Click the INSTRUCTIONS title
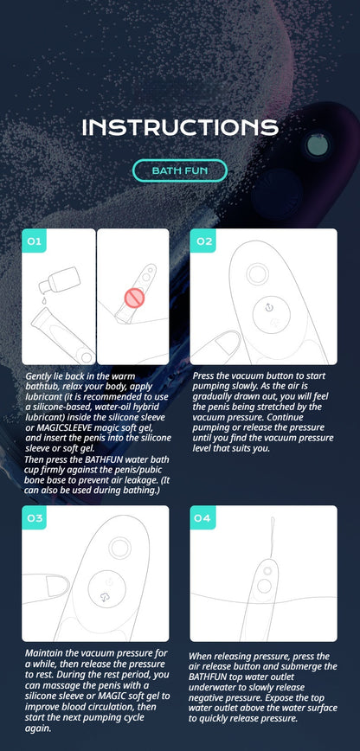[180, 128]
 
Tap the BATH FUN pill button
[179, 170]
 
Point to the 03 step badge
[35, 519]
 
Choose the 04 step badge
[202, 519]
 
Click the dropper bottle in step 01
[48, 282]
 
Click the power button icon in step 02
[270, 307]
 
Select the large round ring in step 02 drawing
[257, 274]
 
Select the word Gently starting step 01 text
[42, 376]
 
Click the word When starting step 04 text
[204, 657]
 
